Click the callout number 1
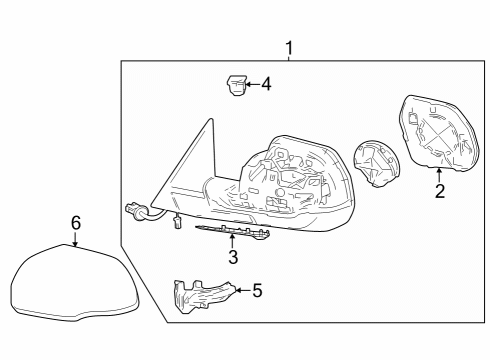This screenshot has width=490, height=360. click(x=290, y=48)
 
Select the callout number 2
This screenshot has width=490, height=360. click(x=440, y=192)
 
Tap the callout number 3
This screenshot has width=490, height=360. click(x=233, y=259)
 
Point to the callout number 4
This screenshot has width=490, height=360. click(x=265, y=85)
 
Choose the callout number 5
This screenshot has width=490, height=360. click(x=256, y=291)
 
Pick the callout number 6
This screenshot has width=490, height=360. click(x=75, y=222)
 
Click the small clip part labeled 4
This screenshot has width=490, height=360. click(x=236, y=88)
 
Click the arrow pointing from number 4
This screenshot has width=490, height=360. click(x=252, y=85)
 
